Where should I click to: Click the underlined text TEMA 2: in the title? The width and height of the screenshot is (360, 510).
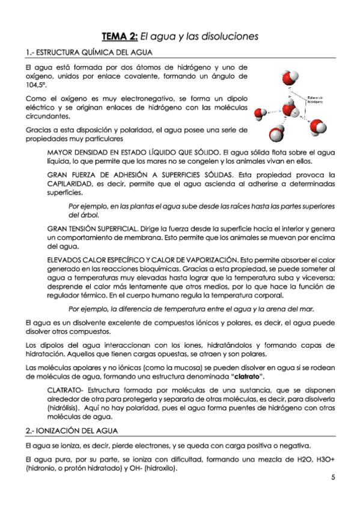[x=120, y=36]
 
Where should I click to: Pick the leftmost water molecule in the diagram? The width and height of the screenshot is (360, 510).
[x=261, y=112]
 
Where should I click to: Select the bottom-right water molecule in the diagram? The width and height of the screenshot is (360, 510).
[x=318, y=127]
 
